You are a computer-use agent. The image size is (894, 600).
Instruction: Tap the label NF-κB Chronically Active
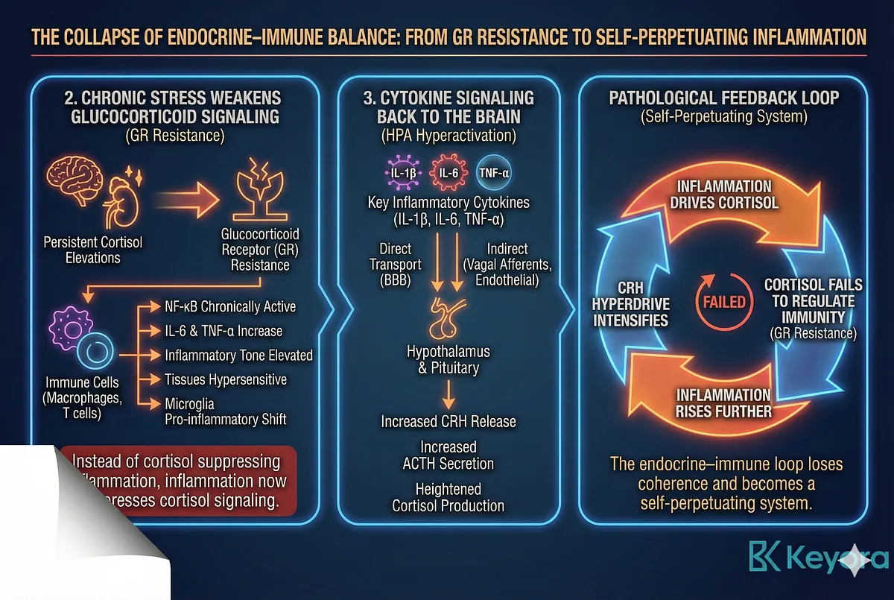pos(229,306)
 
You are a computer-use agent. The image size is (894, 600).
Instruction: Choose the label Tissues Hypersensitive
pos(226,379)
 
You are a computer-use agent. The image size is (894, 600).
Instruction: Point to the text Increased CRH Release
pos(448,421)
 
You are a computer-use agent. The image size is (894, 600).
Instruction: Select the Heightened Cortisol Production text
pos(448,497)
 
